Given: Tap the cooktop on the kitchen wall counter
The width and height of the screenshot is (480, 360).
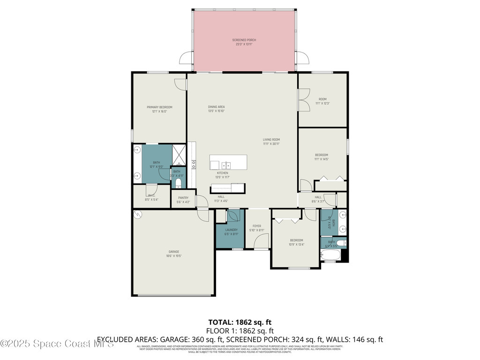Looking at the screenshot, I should coord(193,164).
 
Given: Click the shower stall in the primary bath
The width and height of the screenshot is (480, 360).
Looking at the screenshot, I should coord(180,153).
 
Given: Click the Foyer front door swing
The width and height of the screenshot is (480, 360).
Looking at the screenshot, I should coord(262,241).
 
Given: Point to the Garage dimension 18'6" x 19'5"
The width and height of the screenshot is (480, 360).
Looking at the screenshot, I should coord(173,256).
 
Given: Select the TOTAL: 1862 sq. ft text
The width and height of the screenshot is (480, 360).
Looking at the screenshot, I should coord(240,322).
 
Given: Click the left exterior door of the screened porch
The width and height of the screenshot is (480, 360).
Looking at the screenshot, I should coord(186,59).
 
